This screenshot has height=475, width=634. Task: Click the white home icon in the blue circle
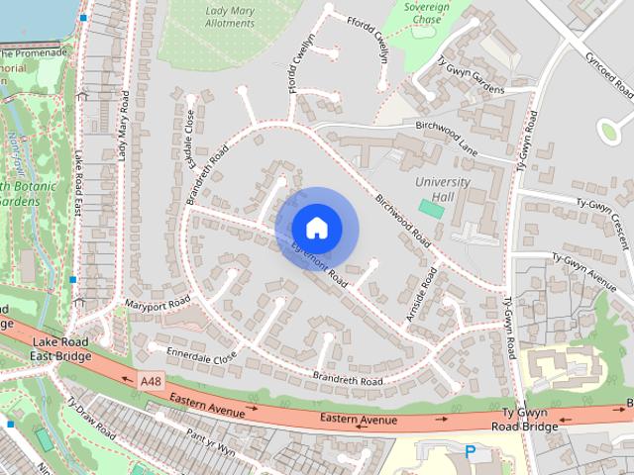click(316, 228)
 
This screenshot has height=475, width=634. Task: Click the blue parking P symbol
click(471, 451)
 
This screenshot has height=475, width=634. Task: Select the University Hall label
click(443, 188)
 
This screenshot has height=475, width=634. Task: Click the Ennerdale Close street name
click(202, 353)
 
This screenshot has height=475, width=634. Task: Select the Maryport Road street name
click(157, 303)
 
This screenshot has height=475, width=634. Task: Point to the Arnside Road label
click(420, 296)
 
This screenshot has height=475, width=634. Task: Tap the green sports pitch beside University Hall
click(431, 209)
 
